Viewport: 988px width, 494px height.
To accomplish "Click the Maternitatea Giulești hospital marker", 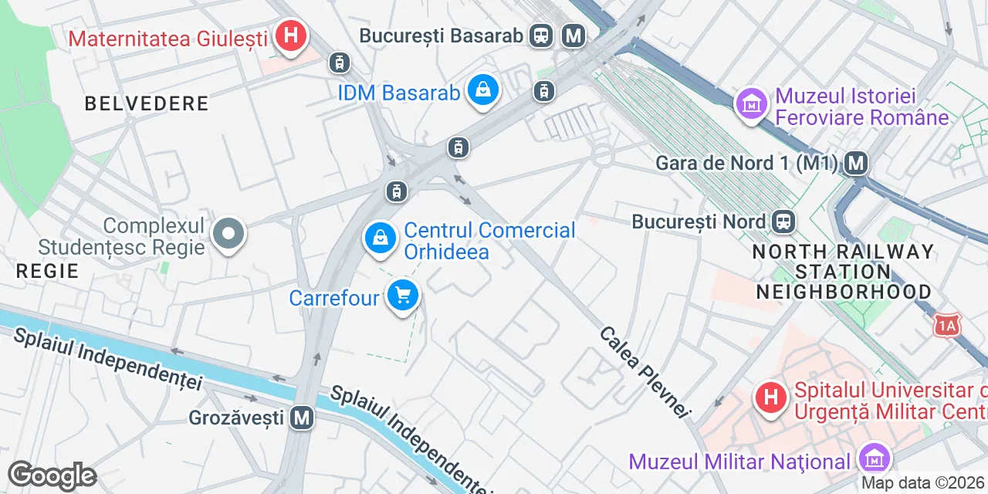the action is click(291, 36).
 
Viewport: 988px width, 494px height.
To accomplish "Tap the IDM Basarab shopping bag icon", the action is click(482, 91).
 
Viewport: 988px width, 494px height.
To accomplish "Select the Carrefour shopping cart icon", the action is click(402, 296).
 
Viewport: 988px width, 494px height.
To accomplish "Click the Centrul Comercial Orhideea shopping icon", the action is click(381, 239).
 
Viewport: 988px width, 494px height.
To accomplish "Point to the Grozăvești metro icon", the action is click(302, 418).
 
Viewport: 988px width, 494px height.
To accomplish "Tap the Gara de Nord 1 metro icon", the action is click(855, 163).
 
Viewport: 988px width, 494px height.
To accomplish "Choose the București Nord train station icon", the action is click(783, 222).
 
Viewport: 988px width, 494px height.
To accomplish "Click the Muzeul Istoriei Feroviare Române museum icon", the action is click(751, 103).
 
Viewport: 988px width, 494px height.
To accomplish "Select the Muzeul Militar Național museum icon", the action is click(874, 459).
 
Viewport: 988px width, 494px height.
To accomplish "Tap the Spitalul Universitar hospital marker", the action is click(770, 398).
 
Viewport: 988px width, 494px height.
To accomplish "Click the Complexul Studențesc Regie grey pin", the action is click(228, 234).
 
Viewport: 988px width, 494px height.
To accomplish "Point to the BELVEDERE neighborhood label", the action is click(147, 103).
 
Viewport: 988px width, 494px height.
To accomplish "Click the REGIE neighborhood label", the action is click(48, 271).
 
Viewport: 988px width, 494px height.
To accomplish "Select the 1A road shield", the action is click(947, 327).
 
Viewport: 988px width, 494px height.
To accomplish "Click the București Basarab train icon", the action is click(542, 36).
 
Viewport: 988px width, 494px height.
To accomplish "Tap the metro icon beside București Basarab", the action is click(573, 36).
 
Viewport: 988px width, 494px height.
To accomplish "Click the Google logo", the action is click(52, 475).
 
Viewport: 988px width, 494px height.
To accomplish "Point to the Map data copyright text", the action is click(923, 483).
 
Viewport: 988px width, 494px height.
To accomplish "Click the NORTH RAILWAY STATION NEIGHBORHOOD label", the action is click(843, 272).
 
